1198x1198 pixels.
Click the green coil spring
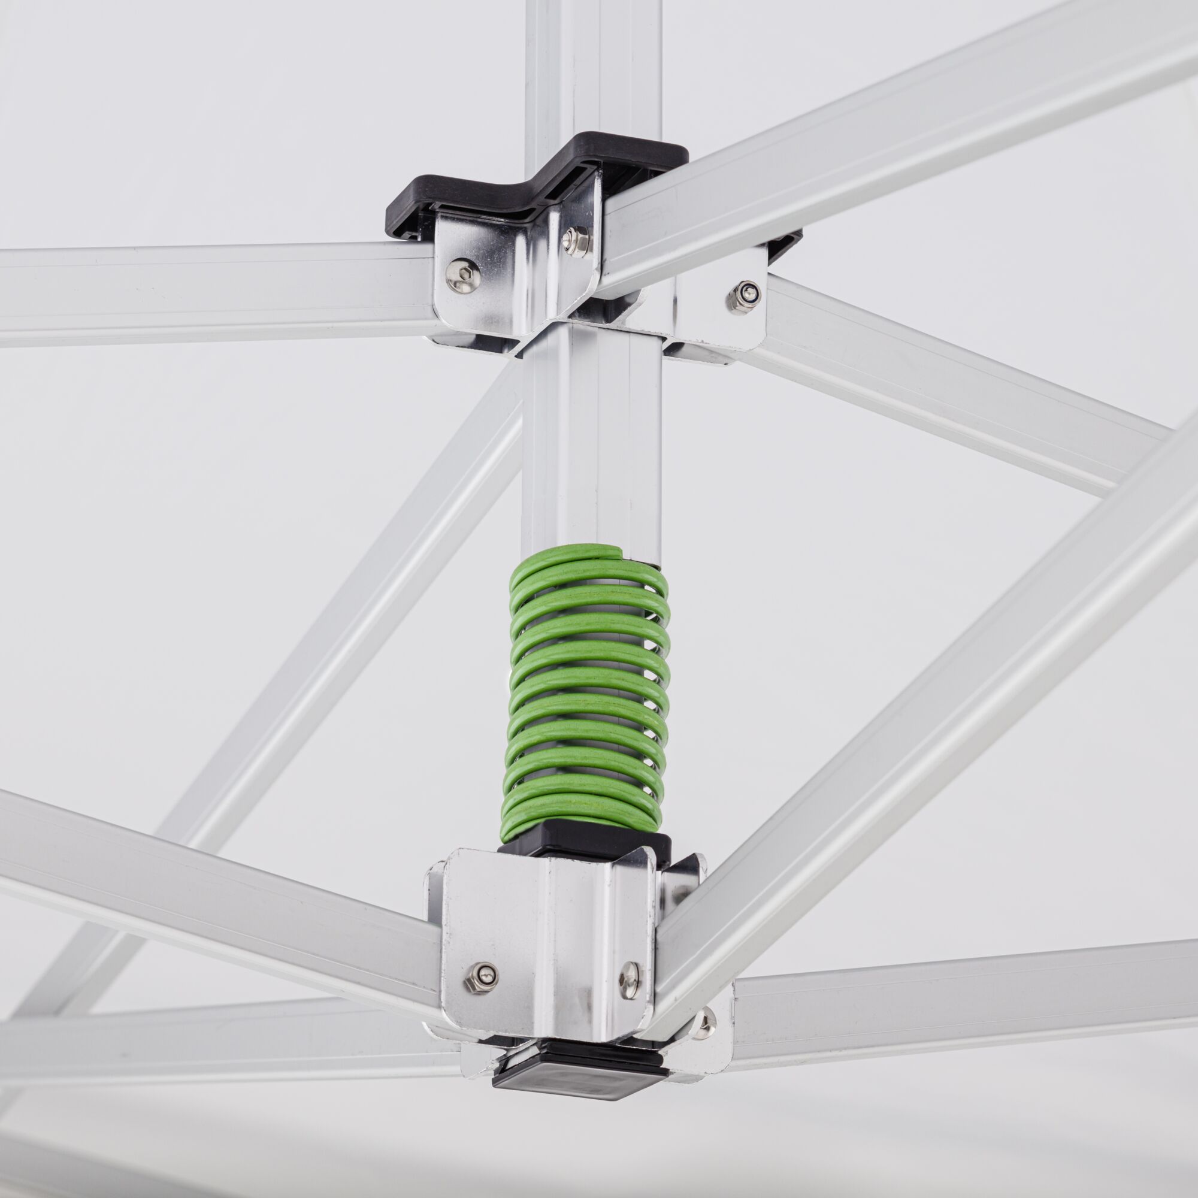tap(588, 688)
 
